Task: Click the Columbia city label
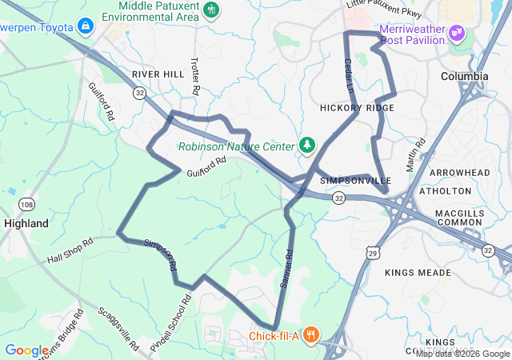click(464, 76)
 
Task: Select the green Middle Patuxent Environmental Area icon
click(211, 10)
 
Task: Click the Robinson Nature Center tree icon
click(306, 144)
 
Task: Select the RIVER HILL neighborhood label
click(158, 74)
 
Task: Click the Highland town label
click(26, 223)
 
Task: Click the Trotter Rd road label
click(194, 73)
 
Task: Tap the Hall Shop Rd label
click(70, 249)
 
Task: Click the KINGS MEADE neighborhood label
click(418, 273)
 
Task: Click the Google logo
click(26, 350)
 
